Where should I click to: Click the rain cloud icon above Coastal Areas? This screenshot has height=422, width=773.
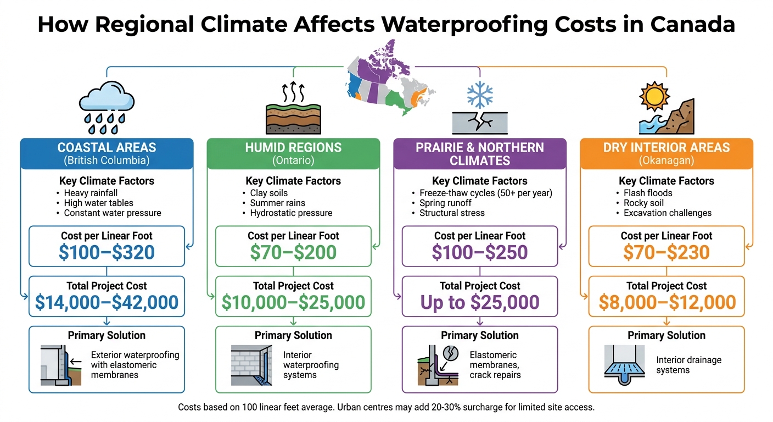tap(107, 108)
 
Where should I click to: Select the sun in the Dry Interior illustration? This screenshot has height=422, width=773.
tap(655, 97)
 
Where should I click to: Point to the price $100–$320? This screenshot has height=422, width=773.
tap(107, 252)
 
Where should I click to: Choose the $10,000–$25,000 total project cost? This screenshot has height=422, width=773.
tap(293, 302)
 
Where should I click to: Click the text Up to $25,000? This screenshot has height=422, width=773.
tap(480, 302)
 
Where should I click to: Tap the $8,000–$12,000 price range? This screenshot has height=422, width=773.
tap(666, 302)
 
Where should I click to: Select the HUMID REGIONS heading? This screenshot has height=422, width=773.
tap(293, 147)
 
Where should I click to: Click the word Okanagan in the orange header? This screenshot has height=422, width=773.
tap(666, 160)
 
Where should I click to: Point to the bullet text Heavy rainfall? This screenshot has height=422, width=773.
tap(91, 193)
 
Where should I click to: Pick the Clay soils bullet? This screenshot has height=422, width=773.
tap(269, 193)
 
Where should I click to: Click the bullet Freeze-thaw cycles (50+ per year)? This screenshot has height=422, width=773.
tap(485, 193)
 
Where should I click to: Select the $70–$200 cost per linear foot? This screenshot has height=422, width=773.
tap(293, 252)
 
